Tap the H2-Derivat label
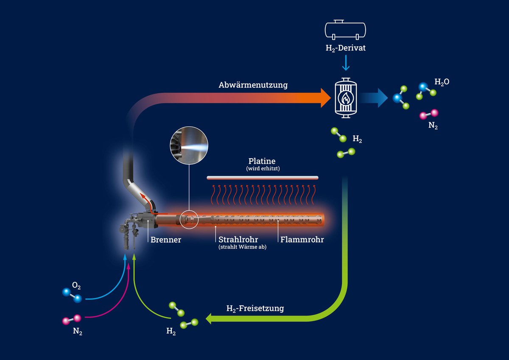[x=345, y=48]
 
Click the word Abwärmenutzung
[x=253, y=85]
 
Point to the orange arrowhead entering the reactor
[x=324, y=98]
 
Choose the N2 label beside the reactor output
[x=433, y=126]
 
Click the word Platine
[x=262, y=161]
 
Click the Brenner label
[x=166, y=240]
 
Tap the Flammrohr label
[x=302, y=240]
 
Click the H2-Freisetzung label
[x=255, y=309]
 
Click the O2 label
[x=76, y=287]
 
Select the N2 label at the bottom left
[x=77, y=332]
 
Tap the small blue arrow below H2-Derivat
[x=346, y=64]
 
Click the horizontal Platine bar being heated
[x=262, y=177]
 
